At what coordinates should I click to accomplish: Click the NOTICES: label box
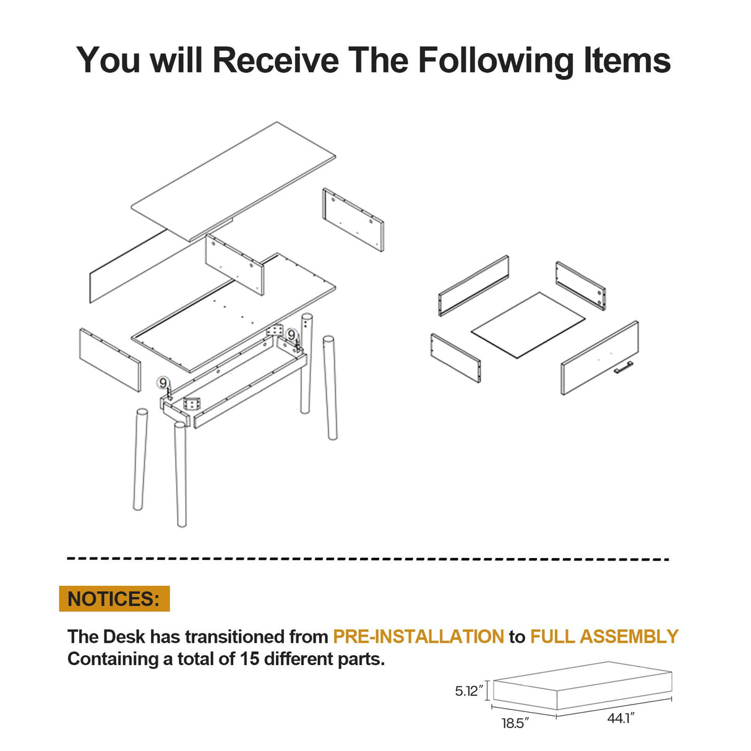coord(114,599)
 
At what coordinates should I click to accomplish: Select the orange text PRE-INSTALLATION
coord(418,637)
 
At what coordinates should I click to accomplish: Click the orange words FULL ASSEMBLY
coord(604,637)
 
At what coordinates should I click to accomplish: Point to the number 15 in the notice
coord(249,659)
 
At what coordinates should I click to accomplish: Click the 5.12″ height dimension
coord(468,691)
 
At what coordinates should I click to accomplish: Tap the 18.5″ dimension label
coord(515,723)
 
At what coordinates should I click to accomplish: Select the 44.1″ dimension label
coord(620,718)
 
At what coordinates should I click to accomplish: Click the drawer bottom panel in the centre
coord(528,325)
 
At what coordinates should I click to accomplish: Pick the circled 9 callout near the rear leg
coord(291,335)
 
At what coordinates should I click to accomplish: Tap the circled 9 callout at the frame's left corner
coord(163,383)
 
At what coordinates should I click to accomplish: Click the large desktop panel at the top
coord(234,181)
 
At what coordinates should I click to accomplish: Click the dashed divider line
coord(368,559)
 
